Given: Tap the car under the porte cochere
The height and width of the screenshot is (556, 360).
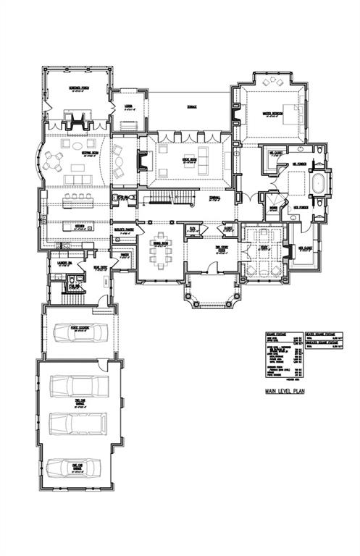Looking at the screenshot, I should [x=80, y=332].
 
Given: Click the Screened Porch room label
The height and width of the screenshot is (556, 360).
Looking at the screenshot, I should [x=80, y=88].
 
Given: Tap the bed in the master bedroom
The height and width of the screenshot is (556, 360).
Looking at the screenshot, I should [x=288, y=113].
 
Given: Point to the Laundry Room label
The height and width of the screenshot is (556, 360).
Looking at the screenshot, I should [x=63, y=264].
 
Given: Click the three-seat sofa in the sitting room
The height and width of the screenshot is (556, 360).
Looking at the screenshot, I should [x=77, y=180].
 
